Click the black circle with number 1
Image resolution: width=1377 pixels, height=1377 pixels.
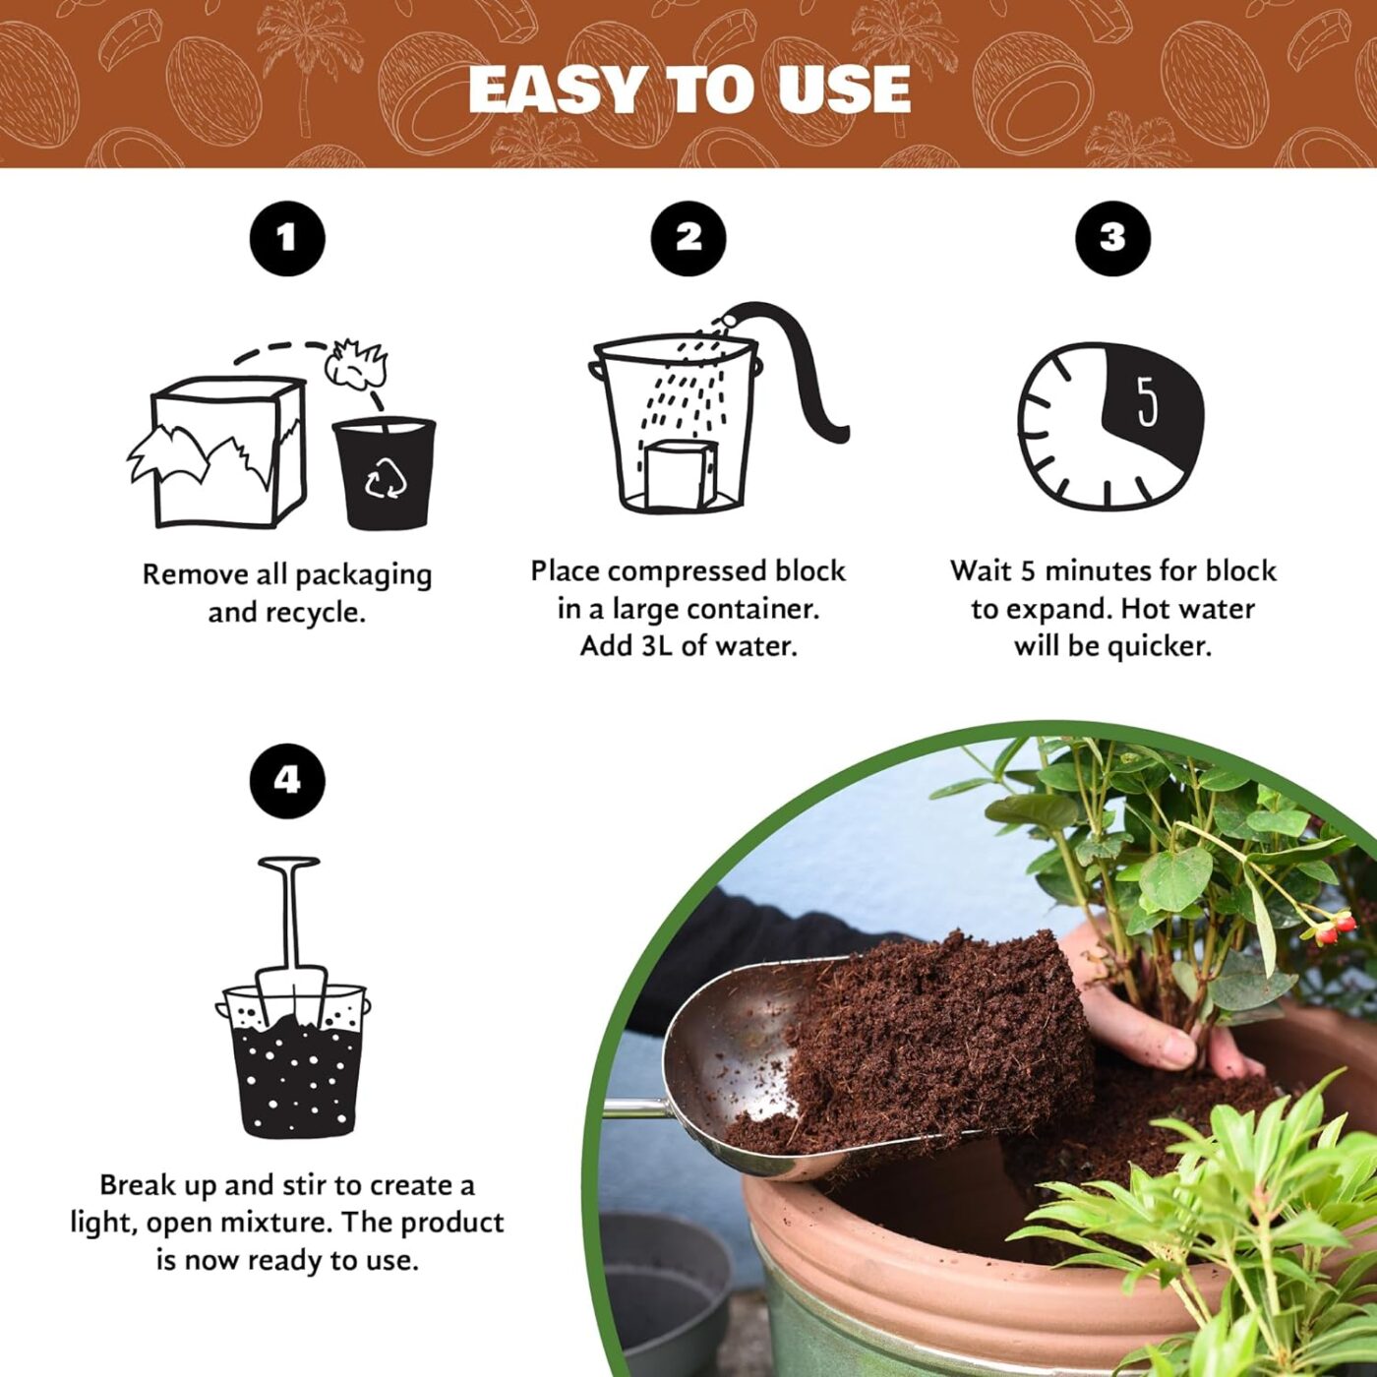(x=286, y=238)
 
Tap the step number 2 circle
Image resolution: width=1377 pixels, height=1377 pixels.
(x=688, y=238)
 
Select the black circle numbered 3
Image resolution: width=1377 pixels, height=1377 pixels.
(x=1112, y=238)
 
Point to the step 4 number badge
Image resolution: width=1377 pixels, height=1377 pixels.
(x=286, y=781)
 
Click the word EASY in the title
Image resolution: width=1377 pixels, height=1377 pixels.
(x=556, y=90)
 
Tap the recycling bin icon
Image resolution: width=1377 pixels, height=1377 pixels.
(x=383, y=473)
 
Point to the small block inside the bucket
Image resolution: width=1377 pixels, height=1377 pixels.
(x=679, y=473)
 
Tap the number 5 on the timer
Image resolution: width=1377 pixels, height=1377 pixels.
(x=1147, y=400)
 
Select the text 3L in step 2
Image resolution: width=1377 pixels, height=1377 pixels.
(x=660, y=646)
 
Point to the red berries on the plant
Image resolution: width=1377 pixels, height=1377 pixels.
(x=1333, y=926)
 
